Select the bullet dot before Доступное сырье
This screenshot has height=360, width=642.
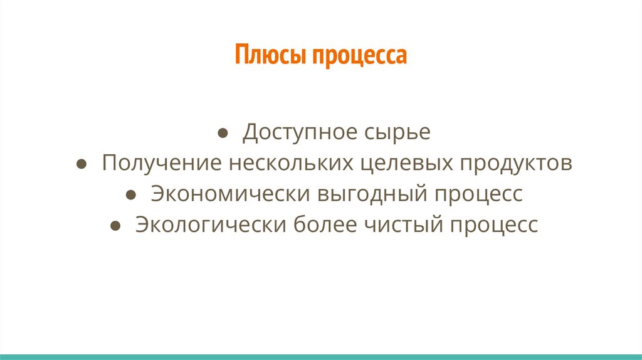click(223, 134)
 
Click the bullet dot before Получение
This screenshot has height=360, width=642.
click(82, 164)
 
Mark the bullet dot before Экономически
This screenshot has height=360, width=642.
click(130, 195)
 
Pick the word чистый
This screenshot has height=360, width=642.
click(401, 225)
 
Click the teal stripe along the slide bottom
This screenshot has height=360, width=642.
click(321, 356)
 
